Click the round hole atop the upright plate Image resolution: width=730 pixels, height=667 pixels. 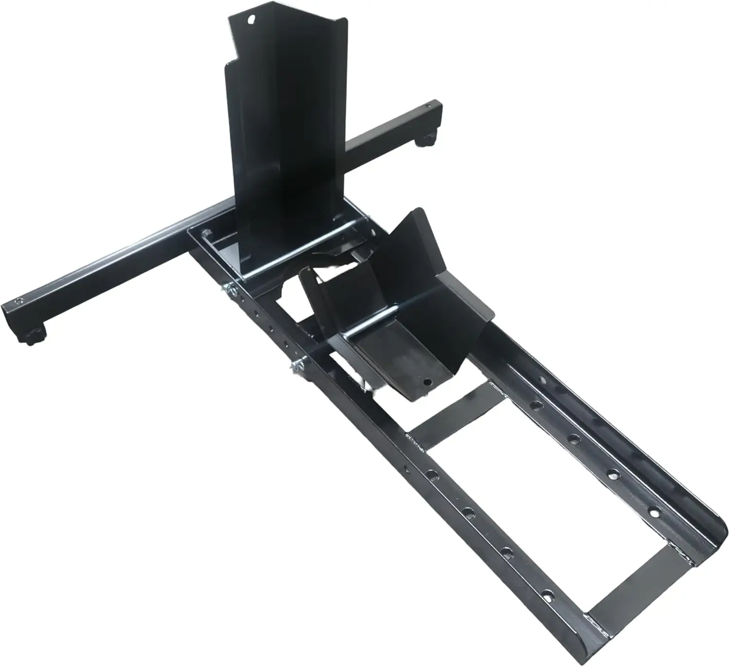[x=251, y=20]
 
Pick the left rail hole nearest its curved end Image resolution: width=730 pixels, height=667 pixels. [x=548, y=594]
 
